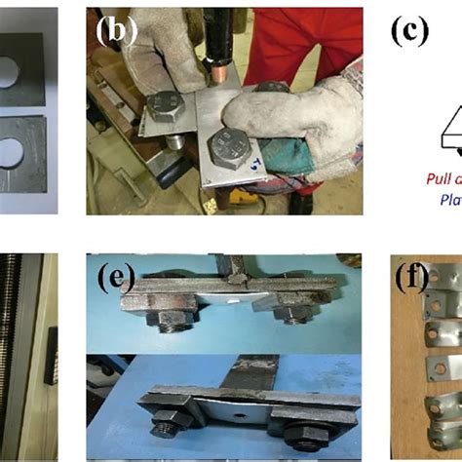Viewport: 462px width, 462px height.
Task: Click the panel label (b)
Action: [x=115, y=30]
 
